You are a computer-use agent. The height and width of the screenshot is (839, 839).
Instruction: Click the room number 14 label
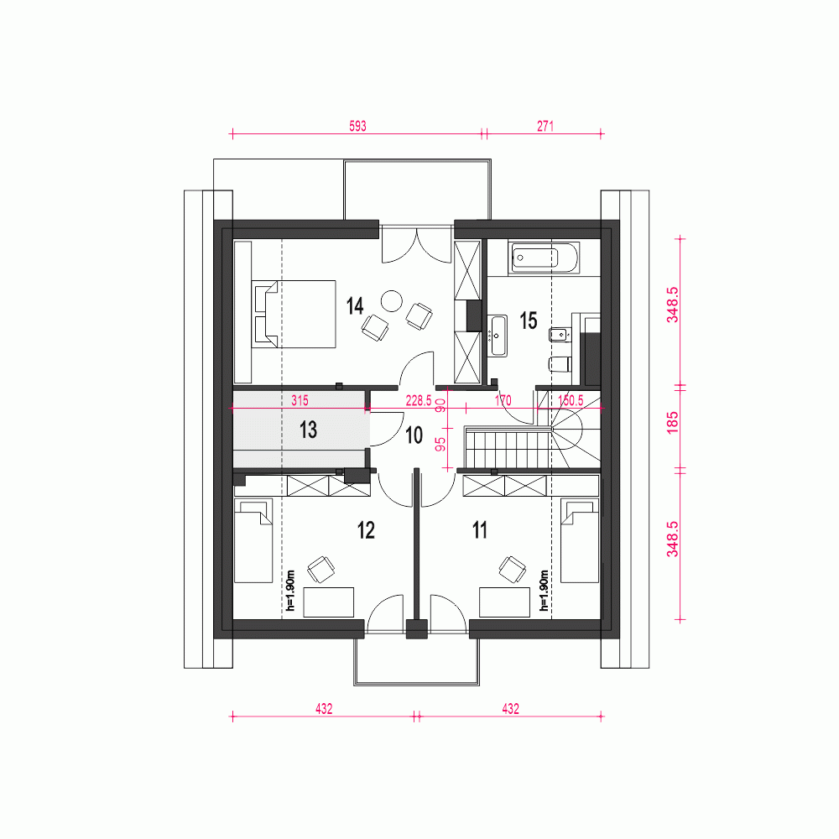[354, 305]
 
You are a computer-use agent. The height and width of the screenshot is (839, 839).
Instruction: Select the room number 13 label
[308, 430]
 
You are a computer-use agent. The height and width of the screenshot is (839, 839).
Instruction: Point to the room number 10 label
[414, 435]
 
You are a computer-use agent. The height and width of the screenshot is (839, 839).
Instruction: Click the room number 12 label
[365, 530]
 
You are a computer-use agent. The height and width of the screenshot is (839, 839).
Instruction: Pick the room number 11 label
[479, 530]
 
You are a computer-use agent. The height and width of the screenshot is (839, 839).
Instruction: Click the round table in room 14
[392, 300]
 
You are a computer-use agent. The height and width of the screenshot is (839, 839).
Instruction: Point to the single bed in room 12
[253, 541]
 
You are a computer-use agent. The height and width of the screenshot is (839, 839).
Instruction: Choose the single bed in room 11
[579, 541]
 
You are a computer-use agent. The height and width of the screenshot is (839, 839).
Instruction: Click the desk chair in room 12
[320, 570]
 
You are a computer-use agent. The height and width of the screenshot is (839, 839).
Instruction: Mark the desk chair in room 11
[509, 570]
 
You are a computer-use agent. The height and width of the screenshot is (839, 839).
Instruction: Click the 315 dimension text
[300, 402]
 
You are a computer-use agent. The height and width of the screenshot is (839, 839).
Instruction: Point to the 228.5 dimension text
[418, 402]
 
